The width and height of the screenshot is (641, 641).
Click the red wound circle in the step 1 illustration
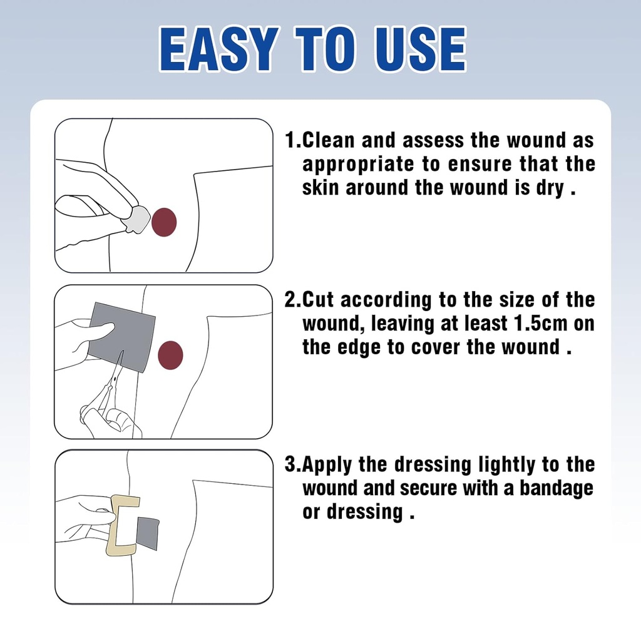164,222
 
